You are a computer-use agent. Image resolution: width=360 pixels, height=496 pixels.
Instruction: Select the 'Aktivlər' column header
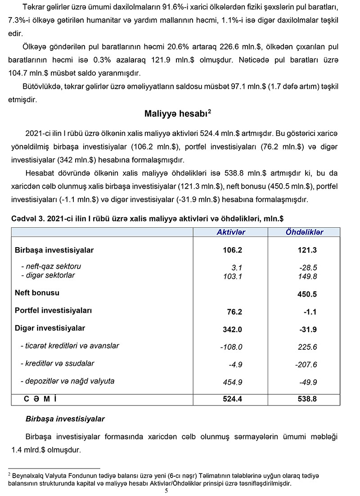click(231, 232)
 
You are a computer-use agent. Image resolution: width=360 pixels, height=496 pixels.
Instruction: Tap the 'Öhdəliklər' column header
click(304, 232)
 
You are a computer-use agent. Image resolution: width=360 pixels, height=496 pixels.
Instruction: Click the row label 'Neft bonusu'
click(37, 293)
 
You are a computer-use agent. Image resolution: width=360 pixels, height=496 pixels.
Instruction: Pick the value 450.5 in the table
click(307, 294)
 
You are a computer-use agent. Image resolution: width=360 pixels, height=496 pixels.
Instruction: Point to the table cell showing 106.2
click(232, 250)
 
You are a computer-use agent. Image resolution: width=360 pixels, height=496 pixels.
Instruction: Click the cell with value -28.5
click(308, 267)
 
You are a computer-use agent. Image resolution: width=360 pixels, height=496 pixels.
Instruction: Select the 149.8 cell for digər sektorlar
click(307, 276)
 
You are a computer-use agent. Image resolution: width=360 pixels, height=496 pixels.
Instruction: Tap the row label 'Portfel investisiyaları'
click(53, 311)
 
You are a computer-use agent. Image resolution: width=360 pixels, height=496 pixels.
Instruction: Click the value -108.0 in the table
click(231, 347)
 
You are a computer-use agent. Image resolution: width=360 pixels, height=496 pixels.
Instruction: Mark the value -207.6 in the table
click(306, 365)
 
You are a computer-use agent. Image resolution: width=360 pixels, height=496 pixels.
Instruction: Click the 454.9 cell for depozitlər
click(233, 383)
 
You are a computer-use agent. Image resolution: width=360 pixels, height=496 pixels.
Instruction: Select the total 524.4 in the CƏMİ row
click(232, 399)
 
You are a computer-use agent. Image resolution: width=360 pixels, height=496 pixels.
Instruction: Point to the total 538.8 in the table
click(307, 399)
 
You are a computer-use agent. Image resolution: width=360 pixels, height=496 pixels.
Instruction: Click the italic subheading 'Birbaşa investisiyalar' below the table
click(65, 419)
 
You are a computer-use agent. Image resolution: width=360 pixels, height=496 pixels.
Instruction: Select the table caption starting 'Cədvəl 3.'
click(147, 218)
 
